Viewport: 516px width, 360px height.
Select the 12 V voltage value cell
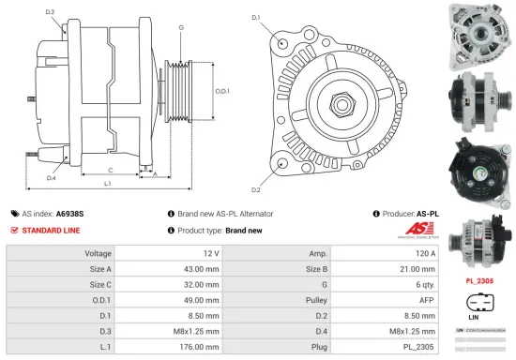tap(210, 253)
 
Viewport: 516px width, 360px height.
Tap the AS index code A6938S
tap(69, 214)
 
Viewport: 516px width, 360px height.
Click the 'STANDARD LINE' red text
tap(51, 230)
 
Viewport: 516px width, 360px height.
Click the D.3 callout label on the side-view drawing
tap(49, 12)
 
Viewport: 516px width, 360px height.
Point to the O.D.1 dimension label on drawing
tap(222, 91)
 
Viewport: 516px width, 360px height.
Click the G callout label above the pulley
tap(181, 28)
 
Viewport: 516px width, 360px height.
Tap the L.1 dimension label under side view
tap(107, 183)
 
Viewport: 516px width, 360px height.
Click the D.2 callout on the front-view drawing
tap(255, 164)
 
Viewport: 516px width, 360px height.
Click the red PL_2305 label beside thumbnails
tap(479, 280)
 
